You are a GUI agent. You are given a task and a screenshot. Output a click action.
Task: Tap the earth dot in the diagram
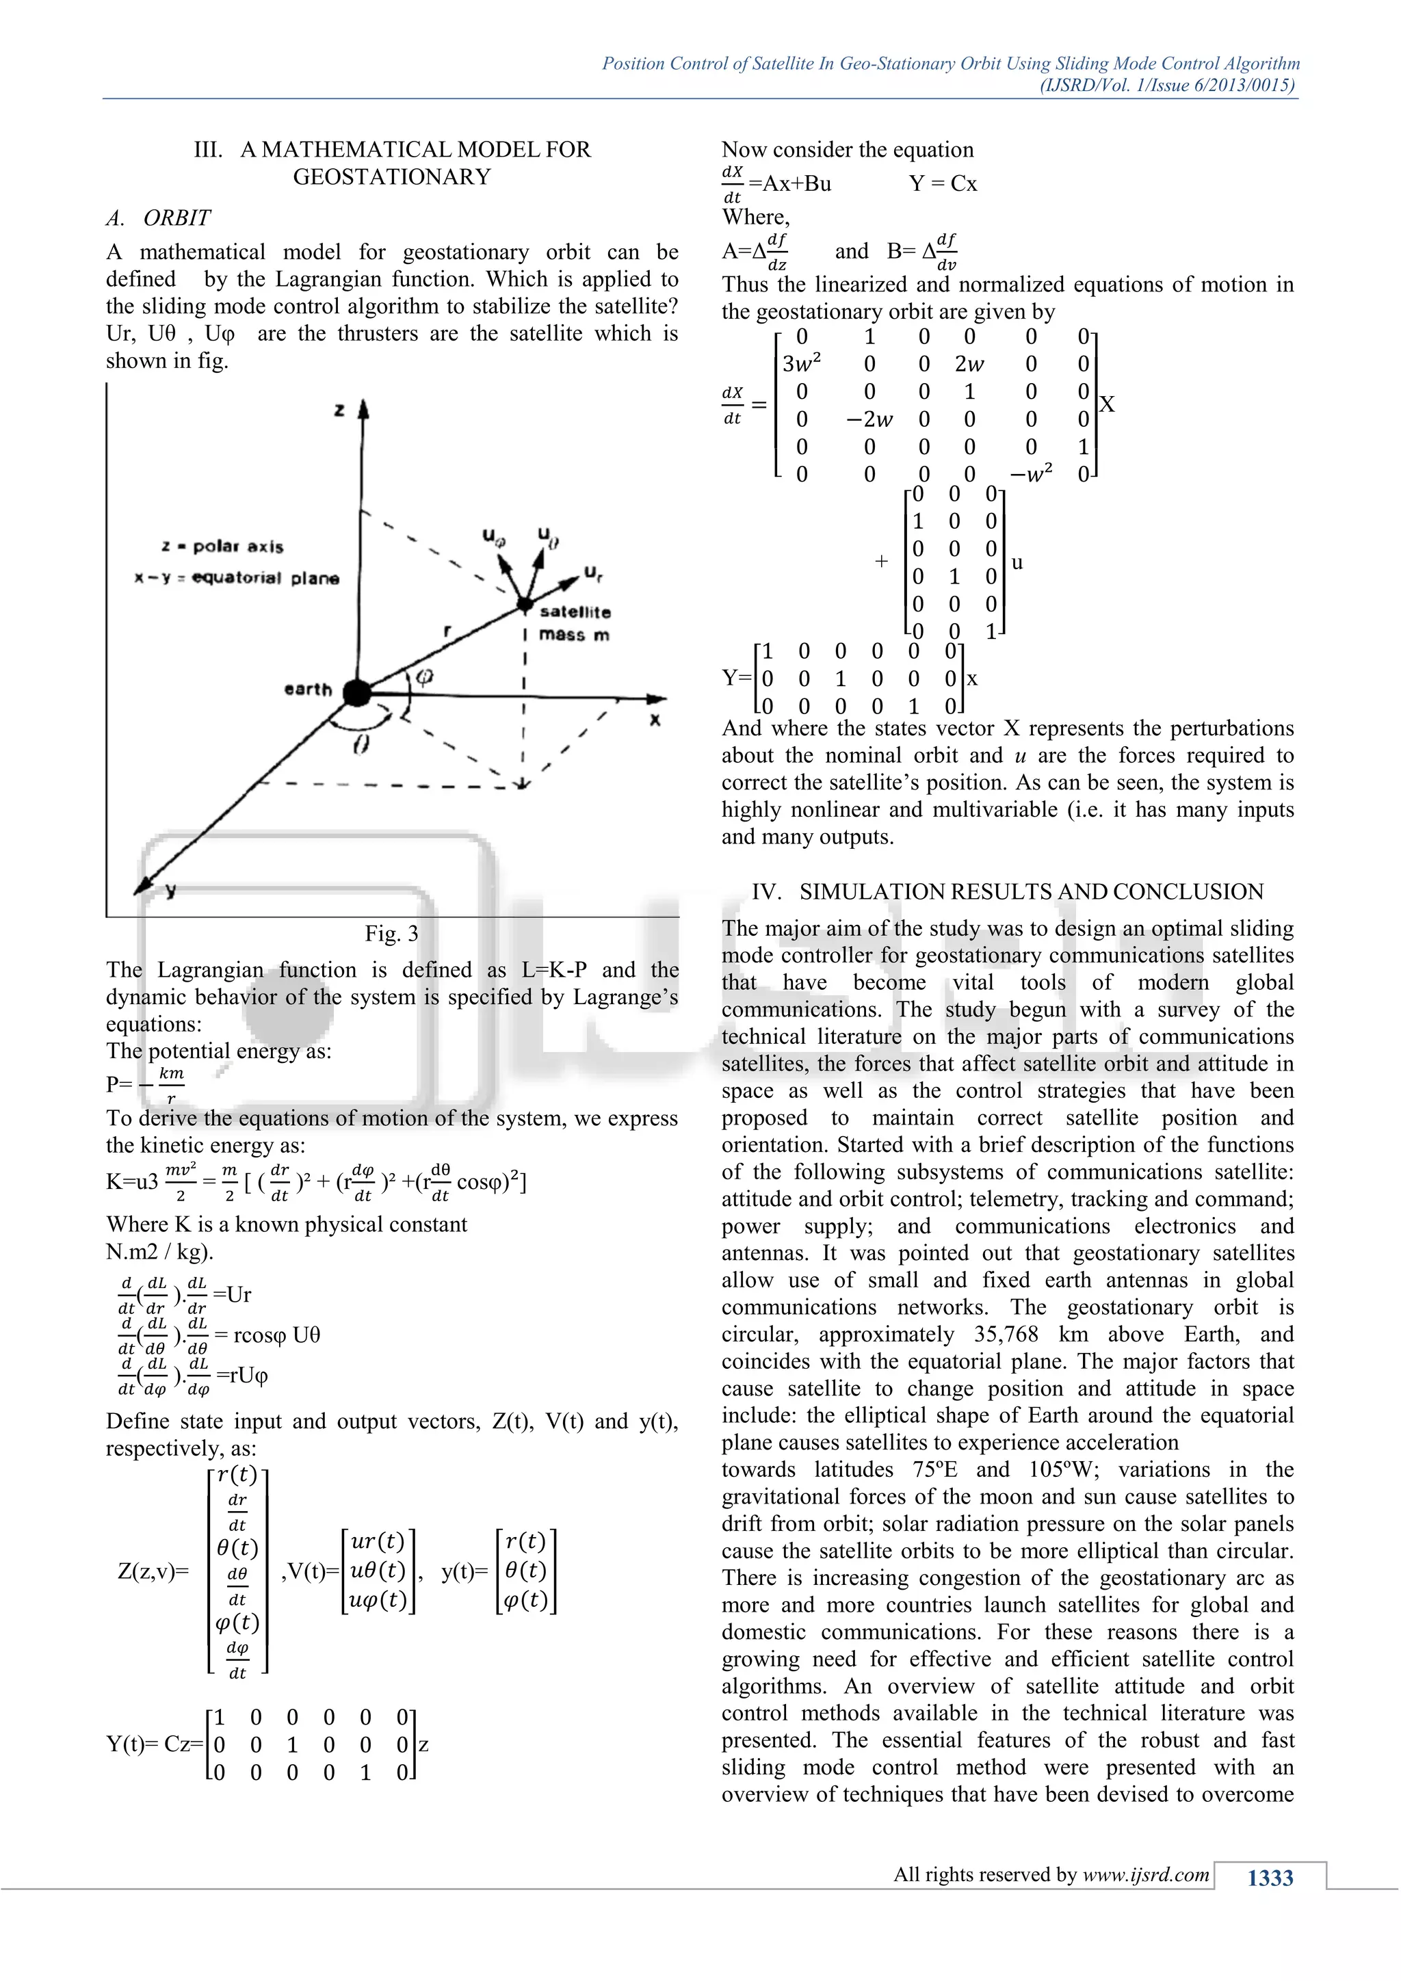point(356,692)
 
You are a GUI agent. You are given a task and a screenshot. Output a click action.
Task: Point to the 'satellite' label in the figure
point(575,612)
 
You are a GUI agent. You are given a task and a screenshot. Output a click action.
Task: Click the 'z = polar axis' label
point(222,546)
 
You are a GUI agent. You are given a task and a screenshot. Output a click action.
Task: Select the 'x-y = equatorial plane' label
point(237,578)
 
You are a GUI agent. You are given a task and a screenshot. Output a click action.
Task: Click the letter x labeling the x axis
point(655,720)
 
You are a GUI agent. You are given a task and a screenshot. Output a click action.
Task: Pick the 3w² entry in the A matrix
point(802,364)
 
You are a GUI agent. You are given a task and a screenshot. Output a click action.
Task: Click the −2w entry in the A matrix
point(869,419)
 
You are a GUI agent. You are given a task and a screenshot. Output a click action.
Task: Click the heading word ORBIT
point(177,218)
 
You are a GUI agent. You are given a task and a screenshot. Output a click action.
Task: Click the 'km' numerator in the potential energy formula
point(172,1073)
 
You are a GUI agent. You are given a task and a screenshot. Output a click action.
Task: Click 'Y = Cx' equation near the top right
point(943,184)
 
